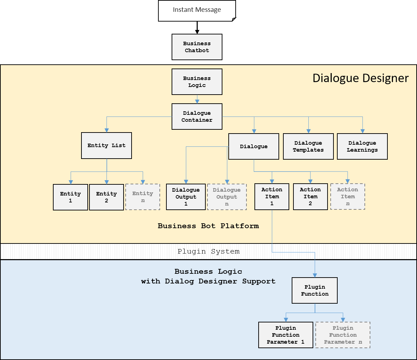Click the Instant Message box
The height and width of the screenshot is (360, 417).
coord(197,11)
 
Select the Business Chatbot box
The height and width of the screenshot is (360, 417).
coord(197,47)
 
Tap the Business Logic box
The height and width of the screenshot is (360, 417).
coord(197,82)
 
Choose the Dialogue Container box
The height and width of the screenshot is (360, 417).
coord(197,117)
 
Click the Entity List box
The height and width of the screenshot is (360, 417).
coord(107,146)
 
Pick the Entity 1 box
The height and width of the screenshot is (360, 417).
coord(70,197)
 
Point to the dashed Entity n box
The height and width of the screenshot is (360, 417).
coord(143,197)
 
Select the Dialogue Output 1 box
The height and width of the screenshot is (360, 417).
coord(186,197)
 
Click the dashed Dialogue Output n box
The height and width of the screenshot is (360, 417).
coord(227,197)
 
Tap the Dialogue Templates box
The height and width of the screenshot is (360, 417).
coord(308,146)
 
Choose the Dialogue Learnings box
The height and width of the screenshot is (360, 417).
coord(362,146)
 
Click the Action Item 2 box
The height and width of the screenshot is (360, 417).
coord(310,197)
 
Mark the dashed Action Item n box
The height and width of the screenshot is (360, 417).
coord(348,197)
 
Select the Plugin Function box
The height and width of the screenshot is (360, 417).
coord(315,290)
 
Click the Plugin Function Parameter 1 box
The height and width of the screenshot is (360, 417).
coord(286,335)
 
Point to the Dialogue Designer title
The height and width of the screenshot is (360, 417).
coord(360,78)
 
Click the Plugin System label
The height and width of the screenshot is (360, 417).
coord(208,251)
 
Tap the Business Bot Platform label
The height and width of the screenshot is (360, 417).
coord(208,226)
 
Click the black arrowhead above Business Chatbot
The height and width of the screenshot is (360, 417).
coord(197,32)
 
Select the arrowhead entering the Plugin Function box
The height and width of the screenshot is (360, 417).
coord(315,275)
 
